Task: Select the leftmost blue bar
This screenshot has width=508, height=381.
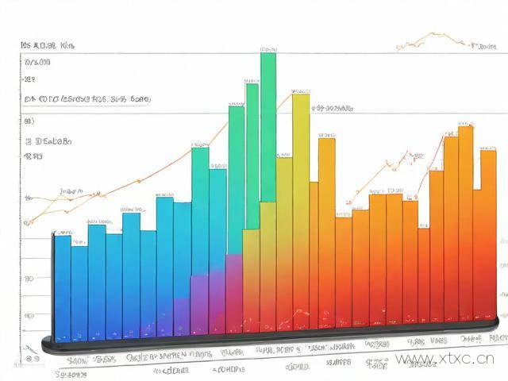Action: (61, 286)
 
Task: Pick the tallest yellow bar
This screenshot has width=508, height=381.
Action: (301, 206)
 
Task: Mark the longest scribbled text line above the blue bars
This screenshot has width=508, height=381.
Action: (87, 100)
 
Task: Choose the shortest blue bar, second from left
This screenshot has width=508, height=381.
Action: (79, 290)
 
